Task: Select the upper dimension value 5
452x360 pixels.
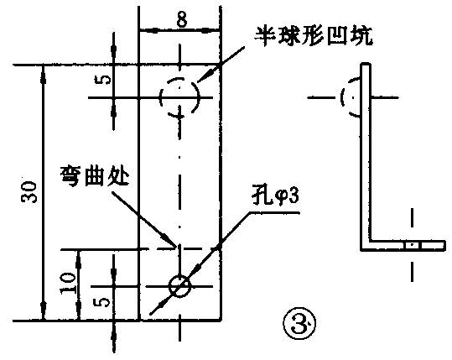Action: click(x=102, y=82)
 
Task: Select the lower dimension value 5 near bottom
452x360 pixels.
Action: click(x=102, y=300)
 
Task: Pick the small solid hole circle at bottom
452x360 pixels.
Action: click(x=179, y=285)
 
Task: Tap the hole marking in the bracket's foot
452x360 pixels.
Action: click(x=411, y=245)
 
